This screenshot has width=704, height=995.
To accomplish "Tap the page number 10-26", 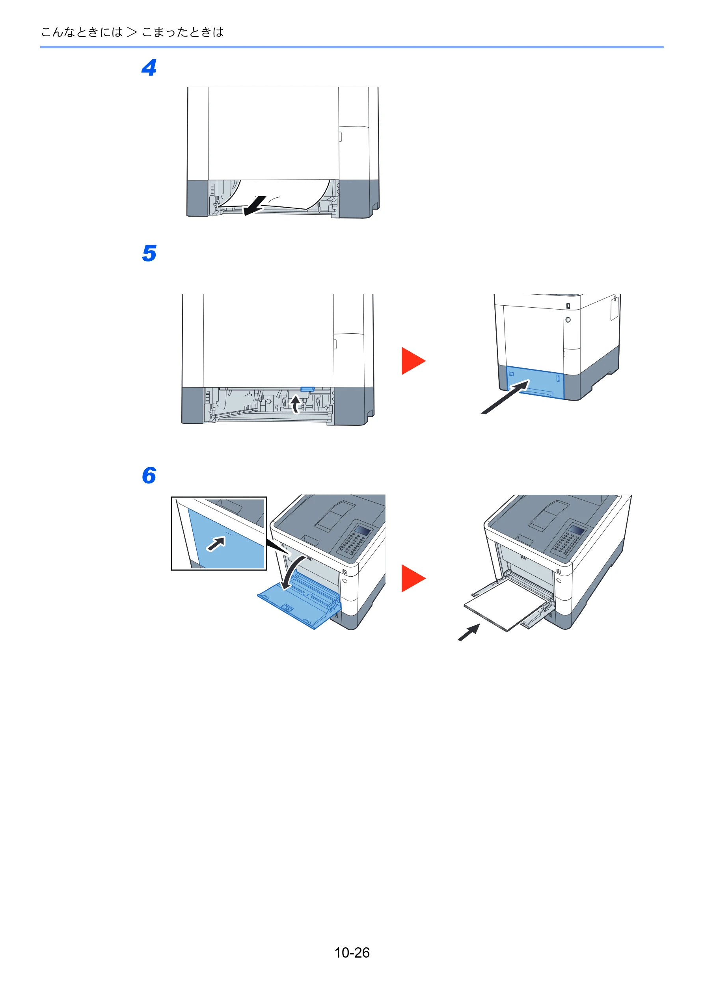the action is coord(352,952).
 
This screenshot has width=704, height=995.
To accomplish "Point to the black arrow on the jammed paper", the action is coord(255,205).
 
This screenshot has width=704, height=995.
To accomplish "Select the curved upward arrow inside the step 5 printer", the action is coord(295,404).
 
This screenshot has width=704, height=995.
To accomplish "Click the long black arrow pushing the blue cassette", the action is coord(506,397).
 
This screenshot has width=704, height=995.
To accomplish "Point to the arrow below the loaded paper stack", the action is coord(469,632).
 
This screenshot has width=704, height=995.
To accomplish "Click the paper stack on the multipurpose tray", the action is coord(505,604).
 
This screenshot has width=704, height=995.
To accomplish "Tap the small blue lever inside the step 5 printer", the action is coord(307,389).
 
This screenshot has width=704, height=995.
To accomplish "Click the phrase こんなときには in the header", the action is coord(82,32).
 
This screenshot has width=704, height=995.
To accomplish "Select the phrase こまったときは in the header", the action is coord(183,32).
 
